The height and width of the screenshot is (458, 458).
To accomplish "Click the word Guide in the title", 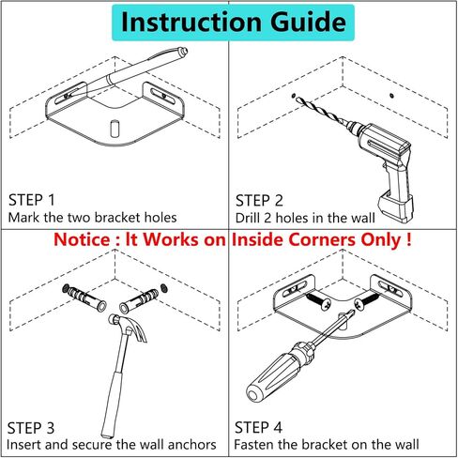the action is [308, 23].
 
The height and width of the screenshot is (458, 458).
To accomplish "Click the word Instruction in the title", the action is [191, 22].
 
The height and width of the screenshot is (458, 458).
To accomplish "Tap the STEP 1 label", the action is [32, 200].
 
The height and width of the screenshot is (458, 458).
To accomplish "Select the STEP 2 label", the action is [259, 201].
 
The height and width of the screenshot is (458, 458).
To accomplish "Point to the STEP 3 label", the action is [31, 428].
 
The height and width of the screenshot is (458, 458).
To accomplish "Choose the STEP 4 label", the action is [258, 428].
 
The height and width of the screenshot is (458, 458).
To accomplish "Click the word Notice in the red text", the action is [82, 240].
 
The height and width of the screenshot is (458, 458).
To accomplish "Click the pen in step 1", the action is [131, 71].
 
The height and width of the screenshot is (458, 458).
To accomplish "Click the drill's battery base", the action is [395, 206].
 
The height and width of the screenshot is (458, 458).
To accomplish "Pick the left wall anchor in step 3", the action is [85, 298].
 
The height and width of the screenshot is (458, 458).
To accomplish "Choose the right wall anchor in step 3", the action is [139, 301].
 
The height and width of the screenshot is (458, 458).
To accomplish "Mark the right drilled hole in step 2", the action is [391, 96].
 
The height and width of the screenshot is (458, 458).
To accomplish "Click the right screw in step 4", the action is [367, 301].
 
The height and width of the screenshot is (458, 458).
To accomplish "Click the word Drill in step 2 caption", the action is [248, 218].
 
